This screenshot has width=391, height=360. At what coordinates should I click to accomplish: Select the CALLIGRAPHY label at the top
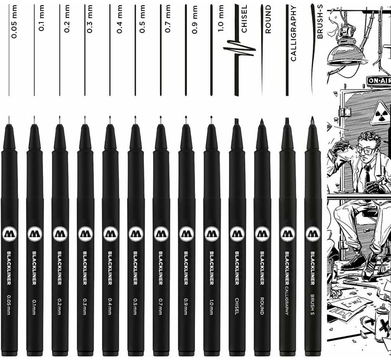[x=293, y=34]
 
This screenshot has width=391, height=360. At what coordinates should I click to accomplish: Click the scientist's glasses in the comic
[x=366, y=150]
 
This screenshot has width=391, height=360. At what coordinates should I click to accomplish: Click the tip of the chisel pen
[x=237, y=121]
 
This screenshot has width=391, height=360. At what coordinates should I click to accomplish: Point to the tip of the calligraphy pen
[x=287, y=121]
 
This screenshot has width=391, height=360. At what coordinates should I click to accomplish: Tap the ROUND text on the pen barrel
[x=262, y=305]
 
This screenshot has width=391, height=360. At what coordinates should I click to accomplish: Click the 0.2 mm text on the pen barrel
[x=60, y=305]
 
